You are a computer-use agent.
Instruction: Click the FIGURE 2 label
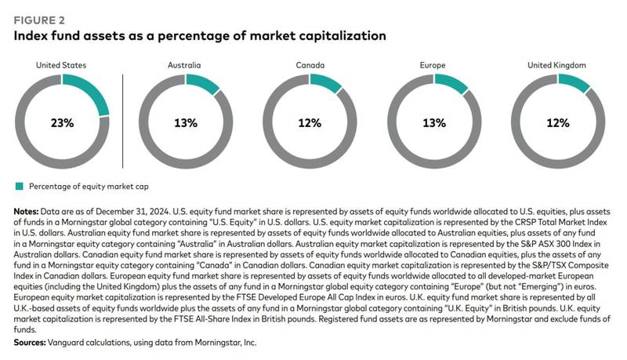(x=39, y=20)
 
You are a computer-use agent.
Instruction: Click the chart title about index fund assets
(x=200, y=35)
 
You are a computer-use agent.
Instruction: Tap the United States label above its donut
(x=61, y=65)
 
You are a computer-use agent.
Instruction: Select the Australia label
(x=184, y=65)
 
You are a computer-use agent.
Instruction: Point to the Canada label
(x=310, y=65)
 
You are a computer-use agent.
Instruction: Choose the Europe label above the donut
(x=433, y=65)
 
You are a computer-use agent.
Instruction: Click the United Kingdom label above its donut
(x=556, y=65)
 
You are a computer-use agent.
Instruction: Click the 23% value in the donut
(x=63, y=123)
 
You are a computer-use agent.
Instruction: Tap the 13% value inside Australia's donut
(x=186, y=123)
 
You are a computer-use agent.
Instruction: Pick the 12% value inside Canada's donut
(x=310, y=123)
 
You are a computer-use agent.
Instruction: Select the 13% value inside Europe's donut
(x=434, y=123)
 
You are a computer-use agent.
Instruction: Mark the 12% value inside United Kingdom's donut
(x=558, y=123)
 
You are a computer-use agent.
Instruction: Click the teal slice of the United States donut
(x=92, y=91)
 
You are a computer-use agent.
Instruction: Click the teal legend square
(x=19, y=187)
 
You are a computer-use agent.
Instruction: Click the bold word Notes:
(x=26, y=212)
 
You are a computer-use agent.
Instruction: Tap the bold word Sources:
(x=30, y=343)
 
